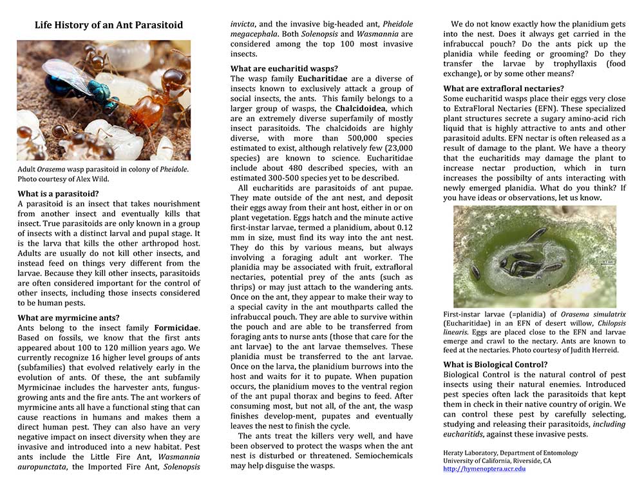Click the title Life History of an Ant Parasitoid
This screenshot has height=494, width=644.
click(108, 26)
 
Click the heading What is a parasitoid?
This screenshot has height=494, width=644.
click(58, 193)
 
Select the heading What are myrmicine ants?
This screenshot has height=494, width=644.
click(68, 317)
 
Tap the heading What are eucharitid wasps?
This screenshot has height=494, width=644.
click(284, 68)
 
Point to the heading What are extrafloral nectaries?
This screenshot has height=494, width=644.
click(504, 88)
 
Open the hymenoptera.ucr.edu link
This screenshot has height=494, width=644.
click(484, 469)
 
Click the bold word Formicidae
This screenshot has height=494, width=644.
click(176, 328)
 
